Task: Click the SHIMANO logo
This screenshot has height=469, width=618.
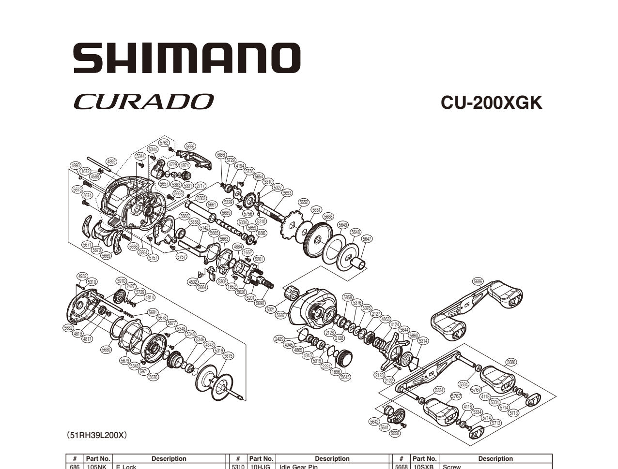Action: (186, 58)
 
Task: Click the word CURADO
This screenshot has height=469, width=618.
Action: (143, 102)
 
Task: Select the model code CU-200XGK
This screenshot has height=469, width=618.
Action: (491, 103)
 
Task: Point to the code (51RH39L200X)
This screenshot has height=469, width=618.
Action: (97, 435)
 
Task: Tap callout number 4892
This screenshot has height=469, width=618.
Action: (111, 162)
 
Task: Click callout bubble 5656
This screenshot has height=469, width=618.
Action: (190, 147)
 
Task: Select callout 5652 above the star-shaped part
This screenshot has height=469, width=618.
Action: (304, 203)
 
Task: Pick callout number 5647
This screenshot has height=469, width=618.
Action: (367, 239)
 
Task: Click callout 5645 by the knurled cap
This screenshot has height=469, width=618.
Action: (345, 377)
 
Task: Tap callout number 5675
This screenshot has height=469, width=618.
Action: (228, 356)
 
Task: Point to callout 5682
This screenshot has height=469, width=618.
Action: (68, 328)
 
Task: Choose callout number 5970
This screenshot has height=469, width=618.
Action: (121, 281)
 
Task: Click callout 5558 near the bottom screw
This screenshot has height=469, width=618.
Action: (395, 433)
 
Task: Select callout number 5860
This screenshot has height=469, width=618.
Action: (413, 336)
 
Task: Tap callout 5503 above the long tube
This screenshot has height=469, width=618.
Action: (201, 198)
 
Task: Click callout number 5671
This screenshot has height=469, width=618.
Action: (87, 245)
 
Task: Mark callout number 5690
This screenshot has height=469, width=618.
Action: (260, 303)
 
